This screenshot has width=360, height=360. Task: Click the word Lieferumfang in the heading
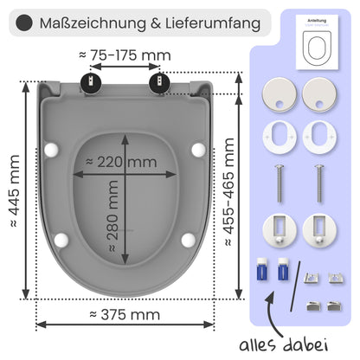[215, 22]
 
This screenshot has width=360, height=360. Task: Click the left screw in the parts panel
[278, 183]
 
